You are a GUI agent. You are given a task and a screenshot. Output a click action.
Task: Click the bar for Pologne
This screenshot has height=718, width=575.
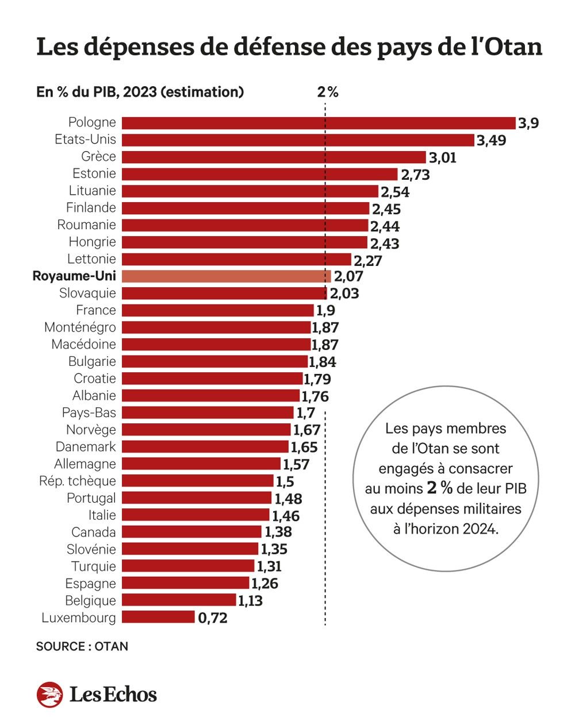pyautogui.click(x=319, y=123)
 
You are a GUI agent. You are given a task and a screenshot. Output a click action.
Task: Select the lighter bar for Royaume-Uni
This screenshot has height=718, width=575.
pyautogui.click(x=227, y=276)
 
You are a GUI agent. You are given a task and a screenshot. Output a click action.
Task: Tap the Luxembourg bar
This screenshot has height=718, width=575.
pyautogui.click(x=158, y=617)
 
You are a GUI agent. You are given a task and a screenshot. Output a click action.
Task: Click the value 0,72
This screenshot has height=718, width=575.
pyautogui.click(x=213, y=619)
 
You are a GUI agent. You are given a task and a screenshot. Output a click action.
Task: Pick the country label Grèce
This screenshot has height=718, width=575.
pyautogui.click(x=98, y=157)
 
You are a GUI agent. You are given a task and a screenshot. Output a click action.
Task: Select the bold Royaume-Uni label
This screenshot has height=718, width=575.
pyautogui.click(x=74, y=276)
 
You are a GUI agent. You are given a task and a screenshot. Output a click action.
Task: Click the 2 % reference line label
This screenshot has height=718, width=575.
pyautogui.click(x=328, y=92)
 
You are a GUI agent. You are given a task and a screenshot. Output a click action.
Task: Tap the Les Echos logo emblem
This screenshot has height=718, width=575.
pyautogui.click(x=50, y=694)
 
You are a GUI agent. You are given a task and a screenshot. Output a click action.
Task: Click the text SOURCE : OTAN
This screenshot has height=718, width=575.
pyautogui.click(x=82, y=647)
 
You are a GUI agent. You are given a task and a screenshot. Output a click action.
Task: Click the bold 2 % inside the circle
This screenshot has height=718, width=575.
pyautogui.click(x=440, y=489)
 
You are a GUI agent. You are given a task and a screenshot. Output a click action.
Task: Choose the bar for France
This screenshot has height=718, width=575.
pyautogui.click(x=217, y=311)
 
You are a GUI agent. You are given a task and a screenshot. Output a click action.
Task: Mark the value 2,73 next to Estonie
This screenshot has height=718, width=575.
pyautogui.click(x=415, y=175)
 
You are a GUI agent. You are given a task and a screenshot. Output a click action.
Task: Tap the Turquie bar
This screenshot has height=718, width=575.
pyautogui.click(x=188, y=566)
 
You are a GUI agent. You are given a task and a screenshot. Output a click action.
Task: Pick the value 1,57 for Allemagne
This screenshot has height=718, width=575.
pyautogui.click(x=296, y=465)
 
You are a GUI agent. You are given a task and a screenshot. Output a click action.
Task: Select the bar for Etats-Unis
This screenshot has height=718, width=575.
pyautogui.click(x=298, y=140)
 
